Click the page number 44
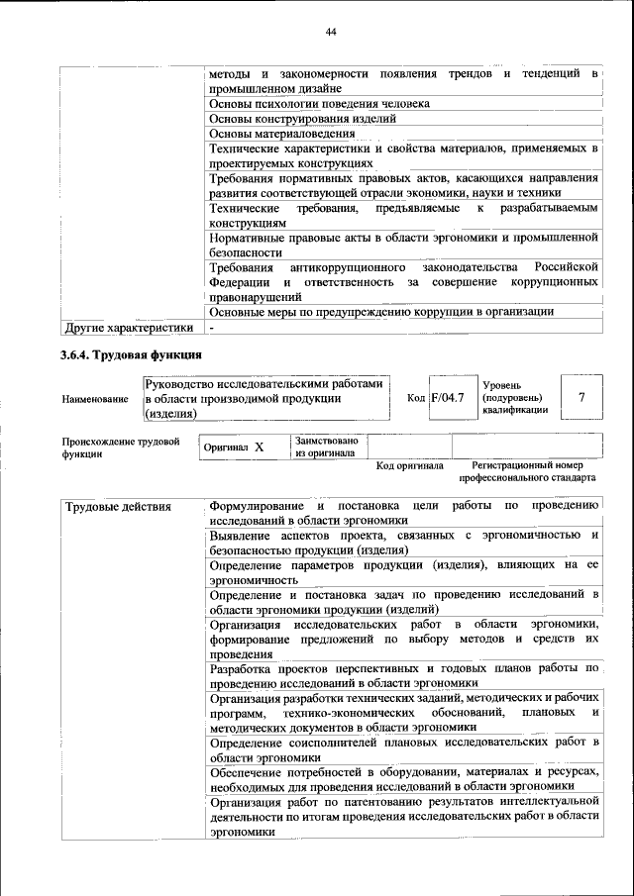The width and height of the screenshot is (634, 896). point(332,33)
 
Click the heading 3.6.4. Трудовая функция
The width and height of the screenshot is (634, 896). point(132,354)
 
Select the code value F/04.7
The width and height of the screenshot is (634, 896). point(448,398)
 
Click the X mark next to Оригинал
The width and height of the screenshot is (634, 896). point(259,448)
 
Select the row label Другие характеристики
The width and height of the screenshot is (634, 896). point(127,328)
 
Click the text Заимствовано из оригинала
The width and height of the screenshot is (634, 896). point(327,447)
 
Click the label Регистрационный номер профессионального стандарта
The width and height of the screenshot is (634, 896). point(527,471)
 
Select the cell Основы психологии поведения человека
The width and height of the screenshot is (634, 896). point(319,103)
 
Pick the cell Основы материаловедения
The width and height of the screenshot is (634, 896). point(282,134)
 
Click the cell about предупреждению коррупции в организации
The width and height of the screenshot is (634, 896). point(381,312)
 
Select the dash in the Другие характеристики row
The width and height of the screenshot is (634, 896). point(211,328)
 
